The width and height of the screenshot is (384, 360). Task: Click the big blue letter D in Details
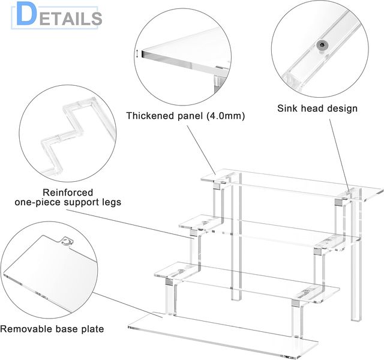coord(26,14)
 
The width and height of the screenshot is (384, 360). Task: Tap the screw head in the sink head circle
coord(322,44)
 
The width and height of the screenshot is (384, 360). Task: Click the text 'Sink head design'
coord(317,108)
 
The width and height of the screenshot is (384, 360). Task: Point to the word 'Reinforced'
coord(68,193)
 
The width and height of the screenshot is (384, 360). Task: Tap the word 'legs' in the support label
coord(112,203)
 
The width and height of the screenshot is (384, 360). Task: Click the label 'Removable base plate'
coord(52,329)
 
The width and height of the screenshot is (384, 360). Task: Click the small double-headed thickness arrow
coord(137,54)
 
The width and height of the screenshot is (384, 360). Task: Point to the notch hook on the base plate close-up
coord(66,241)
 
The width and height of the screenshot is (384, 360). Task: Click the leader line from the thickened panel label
coord(202,150)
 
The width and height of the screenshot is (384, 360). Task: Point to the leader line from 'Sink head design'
coord(339,155)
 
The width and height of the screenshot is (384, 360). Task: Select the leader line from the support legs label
coord(133,224)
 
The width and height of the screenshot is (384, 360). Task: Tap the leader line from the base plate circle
coord(128,305)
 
